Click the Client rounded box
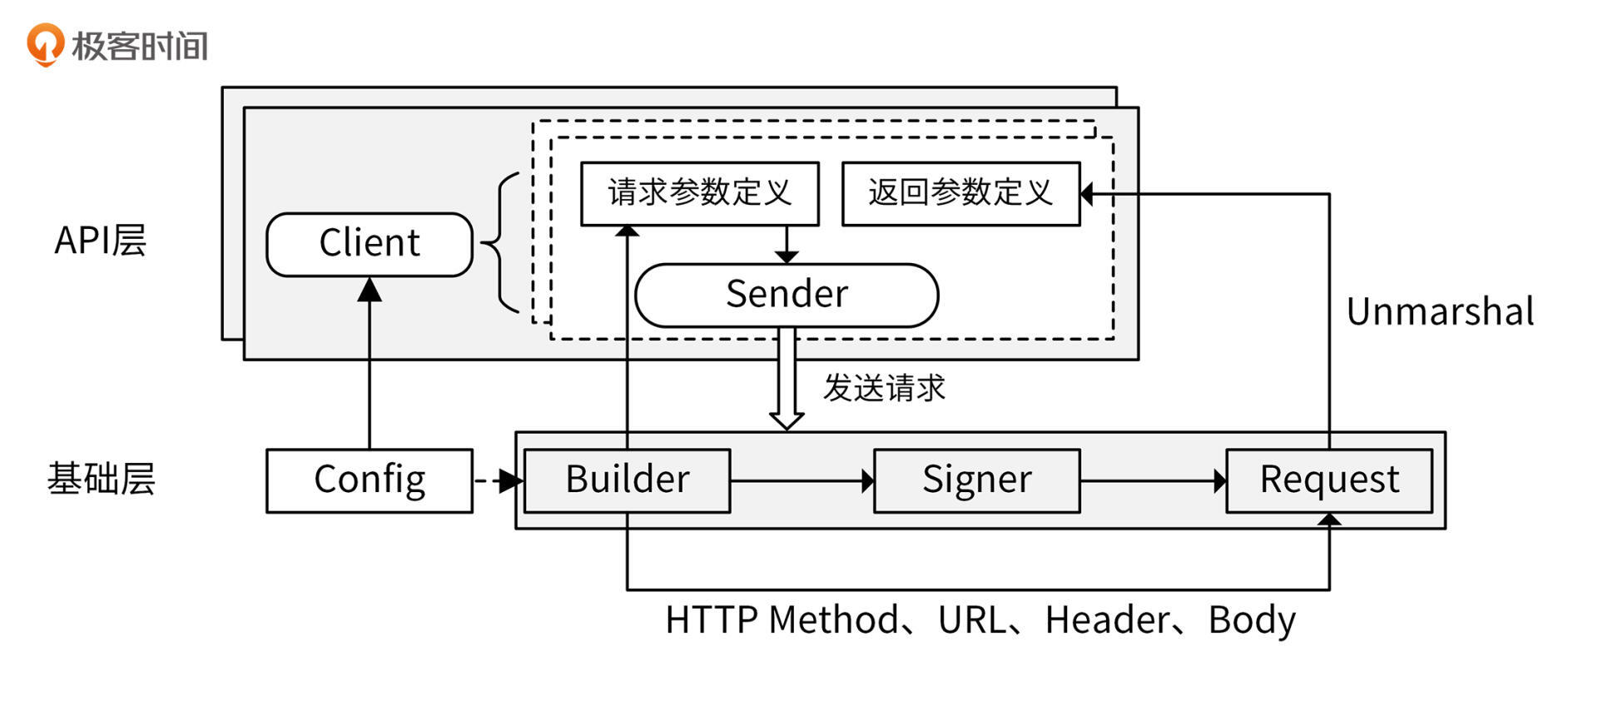pos(370,244)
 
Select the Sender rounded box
pos(787,295)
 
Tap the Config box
pos(370,480)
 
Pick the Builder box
pos(628,480)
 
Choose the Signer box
pos(976,480)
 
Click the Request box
pos(1329,480)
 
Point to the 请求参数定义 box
pos(699,193)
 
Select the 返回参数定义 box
pos(960,193)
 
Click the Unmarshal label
pos(1440,312)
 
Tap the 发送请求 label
pos(884,388)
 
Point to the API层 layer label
pos(100,241)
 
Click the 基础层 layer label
pos(101,480)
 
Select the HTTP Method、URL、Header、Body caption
pos(980,620)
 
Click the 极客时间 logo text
pos(140,46)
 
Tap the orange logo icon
pos(45,43)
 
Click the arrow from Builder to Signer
pos(801,480)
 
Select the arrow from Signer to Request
pos(1153,480)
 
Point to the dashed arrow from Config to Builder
pos(497,480)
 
